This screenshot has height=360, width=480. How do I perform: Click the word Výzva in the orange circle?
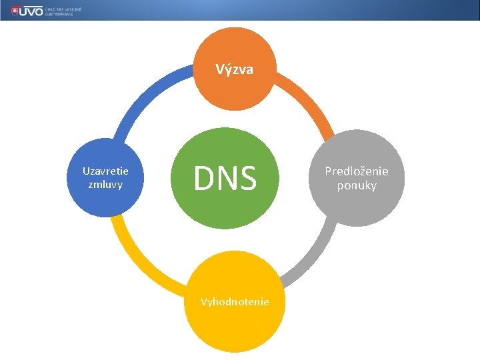pos(234,69)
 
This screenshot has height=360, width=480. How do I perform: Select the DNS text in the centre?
pos(225,179)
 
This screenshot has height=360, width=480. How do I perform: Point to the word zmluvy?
pos(105,184)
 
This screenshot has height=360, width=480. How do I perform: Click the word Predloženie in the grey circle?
pos(356,171)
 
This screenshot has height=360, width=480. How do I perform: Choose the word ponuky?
pos(357,185)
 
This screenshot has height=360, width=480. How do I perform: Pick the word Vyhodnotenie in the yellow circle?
pos(235,302)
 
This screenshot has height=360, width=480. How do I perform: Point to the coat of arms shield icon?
pos(7,11)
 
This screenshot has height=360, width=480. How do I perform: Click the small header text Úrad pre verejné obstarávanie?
pos(63,11)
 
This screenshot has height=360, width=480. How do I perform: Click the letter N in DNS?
pos(225,179)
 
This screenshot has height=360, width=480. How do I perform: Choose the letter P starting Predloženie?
pos(328,171)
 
